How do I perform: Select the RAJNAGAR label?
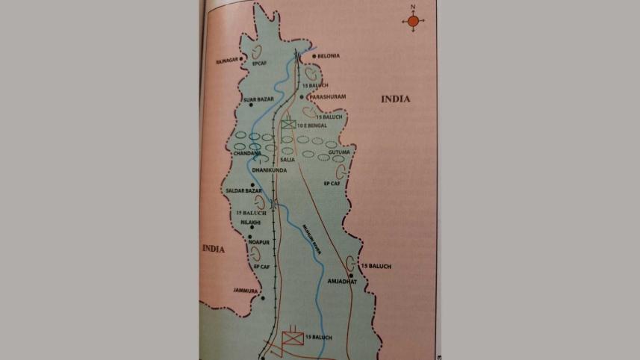[x=226, y=57]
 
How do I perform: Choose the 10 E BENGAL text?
[x=313, y=126]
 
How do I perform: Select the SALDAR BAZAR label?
[x=241, y=192]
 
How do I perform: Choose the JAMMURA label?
[x=245, y=290]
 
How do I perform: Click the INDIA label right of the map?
[x=396, y=99]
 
